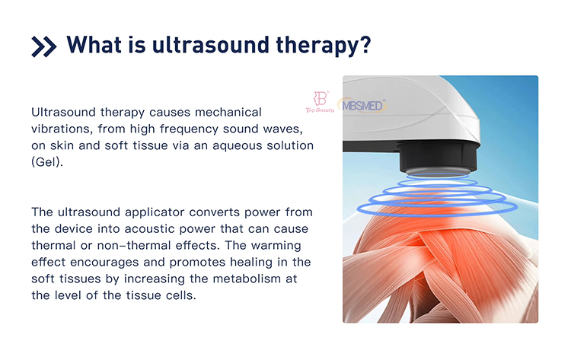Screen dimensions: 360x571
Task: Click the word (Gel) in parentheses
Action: coord(47,161)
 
